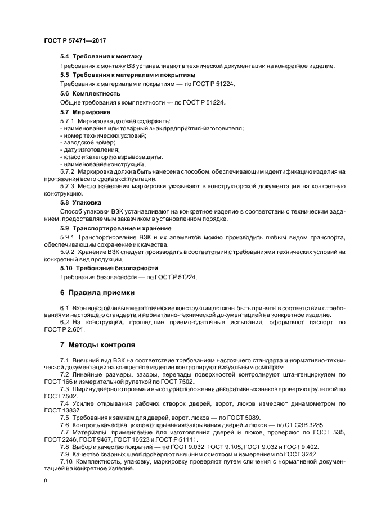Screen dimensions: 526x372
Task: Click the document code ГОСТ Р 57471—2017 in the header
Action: point(74,40)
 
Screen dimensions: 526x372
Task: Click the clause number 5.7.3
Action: point(67,185)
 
